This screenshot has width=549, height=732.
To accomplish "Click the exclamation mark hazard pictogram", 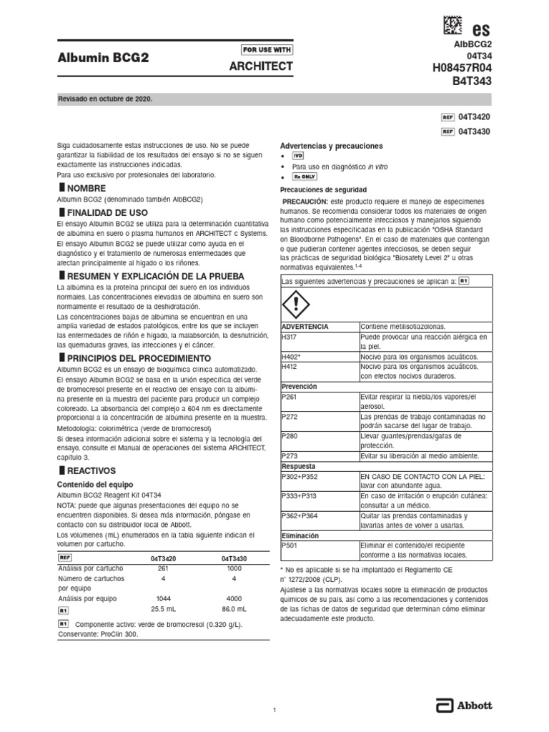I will (295, 305).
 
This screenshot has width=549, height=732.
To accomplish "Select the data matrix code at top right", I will (452, 26).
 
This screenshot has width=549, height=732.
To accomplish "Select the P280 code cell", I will (290, 435).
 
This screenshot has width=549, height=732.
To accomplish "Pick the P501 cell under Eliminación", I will (290, 545).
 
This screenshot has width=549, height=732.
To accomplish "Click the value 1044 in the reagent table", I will (163, 598).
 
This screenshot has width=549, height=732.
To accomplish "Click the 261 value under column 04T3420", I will (163, 568).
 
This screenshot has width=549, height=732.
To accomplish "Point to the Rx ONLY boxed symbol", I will (305, 176).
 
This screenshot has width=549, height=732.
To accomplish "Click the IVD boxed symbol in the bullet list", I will (298, 155).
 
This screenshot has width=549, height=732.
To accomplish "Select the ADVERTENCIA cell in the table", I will (306, 326).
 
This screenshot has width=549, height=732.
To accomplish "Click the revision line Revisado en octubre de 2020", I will (106, 99).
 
